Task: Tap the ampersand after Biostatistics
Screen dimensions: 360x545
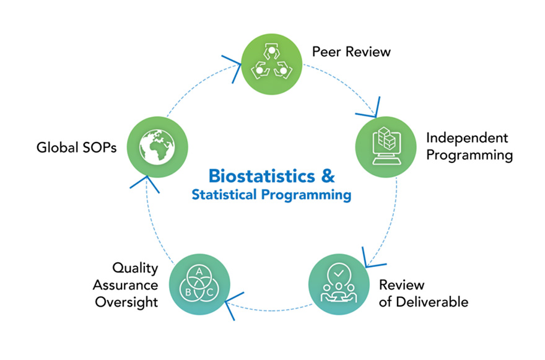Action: (327, 175)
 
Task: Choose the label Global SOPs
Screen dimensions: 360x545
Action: (76, 148)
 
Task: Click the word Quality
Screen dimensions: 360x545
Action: (135, 268)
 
